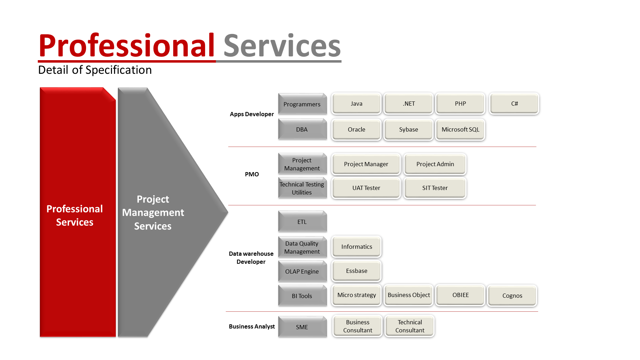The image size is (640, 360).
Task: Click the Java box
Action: (356, 104)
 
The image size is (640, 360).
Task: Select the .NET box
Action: (408, 104)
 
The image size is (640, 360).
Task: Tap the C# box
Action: (514, 104)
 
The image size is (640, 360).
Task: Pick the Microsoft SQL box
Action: (460, 129)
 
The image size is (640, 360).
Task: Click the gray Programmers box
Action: (302, 104)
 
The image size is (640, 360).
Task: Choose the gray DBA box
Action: (302, 129)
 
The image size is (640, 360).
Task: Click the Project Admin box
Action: (435, 164)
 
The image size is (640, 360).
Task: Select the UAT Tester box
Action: (366, 188)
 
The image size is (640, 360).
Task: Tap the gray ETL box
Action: (302, 222)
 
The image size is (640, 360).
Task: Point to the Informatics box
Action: (357, 247)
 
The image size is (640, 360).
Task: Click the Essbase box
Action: (357, 271)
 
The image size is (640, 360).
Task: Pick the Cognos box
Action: (512, 296)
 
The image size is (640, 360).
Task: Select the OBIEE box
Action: (460, 295)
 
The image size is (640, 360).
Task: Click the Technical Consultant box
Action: (409, 326)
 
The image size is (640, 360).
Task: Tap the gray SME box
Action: (302, 327)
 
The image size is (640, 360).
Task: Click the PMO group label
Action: (252, 174)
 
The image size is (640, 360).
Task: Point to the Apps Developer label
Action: (252, 114)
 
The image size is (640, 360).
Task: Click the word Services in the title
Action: (282, 46)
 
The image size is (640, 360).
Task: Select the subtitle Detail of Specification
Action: (95, 70)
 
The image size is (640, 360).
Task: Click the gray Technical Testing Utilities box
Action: (302, 188)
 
